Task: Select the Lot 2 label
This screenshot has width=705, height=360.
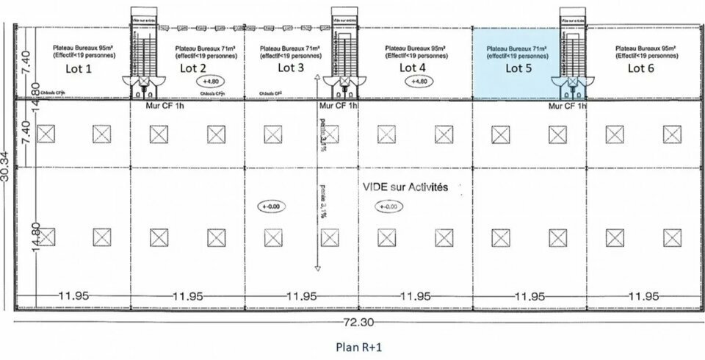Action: [x=192, y=68]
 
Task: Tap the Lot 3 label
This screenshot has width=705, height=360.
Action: [x=291, y=68]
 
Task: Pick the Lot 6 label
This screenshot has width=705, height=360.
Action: [x=640, y=68]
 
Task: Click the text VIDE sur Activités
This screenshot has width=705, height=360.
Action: [x=405, y=188]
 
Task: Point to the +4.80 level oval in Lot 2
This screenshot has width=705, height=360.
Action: [x=211, y=82]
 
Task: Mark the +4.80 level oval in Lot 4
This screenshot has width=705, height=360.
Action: [x=419, y=82]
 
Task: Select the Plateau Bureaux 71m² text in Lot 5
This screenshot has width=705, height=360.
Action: [x=518, y=48]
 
